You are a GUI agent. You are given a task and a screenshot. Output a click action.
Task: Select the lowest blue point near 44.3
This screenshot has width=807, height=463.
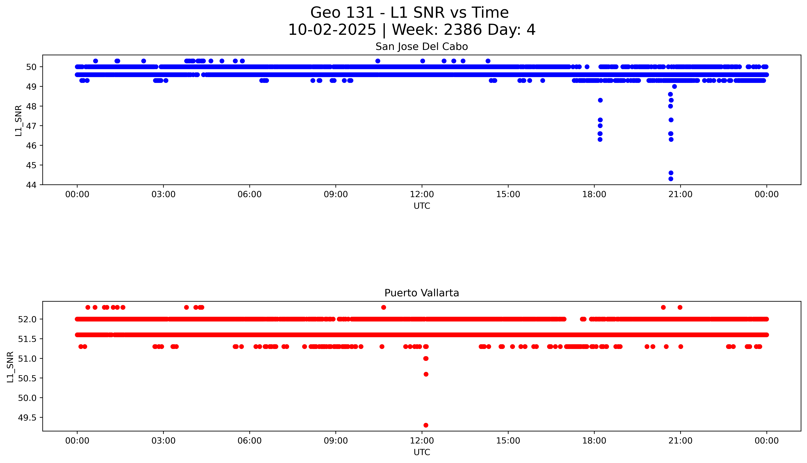[x=671, y=179]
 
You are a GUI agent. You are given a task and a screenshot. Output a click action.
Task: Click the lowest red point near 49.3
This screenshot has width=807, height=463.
[x=426, y=425]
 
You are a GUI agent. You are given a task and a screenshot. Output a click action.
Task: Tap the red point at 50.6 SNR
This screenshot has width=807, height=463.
[x=426, y=374]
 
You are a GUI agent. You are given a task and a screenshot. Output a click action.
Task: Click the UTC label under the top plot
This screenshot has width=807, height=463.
[x=422, y=206]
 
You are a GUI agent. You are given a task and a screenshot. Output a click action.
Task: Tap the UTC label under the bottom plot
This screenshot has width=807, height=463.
[x=422, y=452]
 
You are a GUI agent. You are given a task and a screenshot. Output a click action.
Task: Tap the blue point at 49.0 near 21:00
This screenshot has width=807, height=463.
[x=674, y=87]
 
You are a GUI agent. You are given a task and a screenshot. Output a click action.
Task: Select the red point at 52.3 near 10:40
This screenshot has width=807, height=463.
[x=383, y=307]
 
